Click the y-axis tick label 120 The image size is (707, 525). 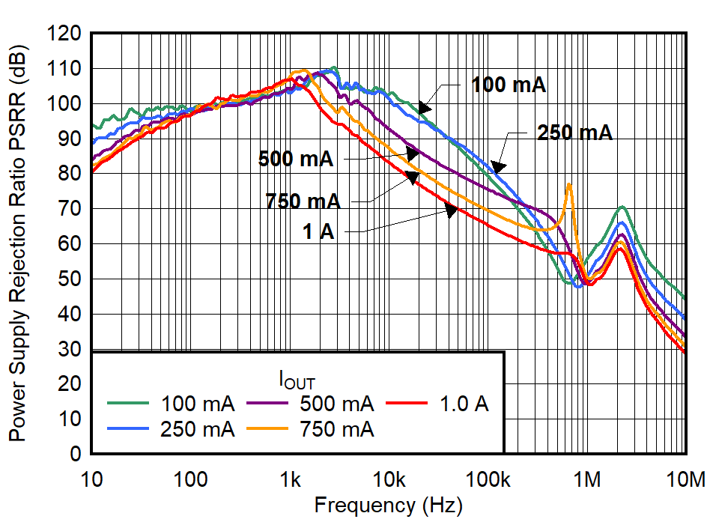67,34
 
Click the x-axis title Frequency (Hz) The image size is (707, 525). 389,505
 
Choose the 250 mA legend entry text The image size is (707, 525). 198,429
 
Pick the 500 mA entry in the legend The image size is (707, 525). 336,404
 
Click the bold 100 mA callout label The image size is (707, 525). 509,85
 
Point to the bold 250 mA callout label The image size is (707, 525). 574,133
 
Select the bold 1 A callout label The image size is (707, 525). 319,232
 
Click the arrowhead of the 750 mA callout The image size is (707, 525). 412,176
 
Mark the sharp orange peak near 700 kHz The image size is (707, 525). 569,183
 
